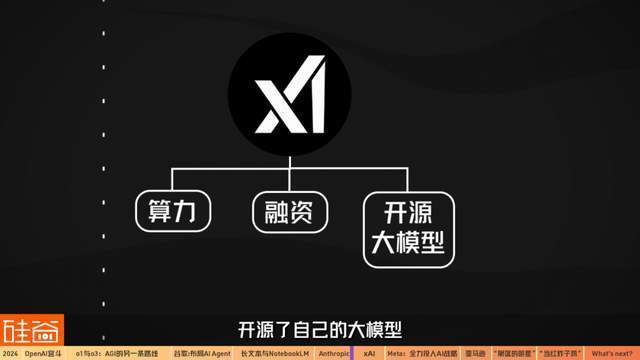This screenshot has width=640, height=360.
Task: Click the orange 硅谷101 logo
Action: coord(31,330)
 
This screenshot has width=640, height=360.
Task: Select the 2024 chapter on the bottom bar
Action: coord(10,353)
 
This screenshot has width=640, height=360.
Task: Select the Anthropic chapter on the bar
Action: coord(333,353)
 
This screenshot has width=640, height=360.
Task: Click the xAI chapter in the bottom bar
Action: coord(370,353)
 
